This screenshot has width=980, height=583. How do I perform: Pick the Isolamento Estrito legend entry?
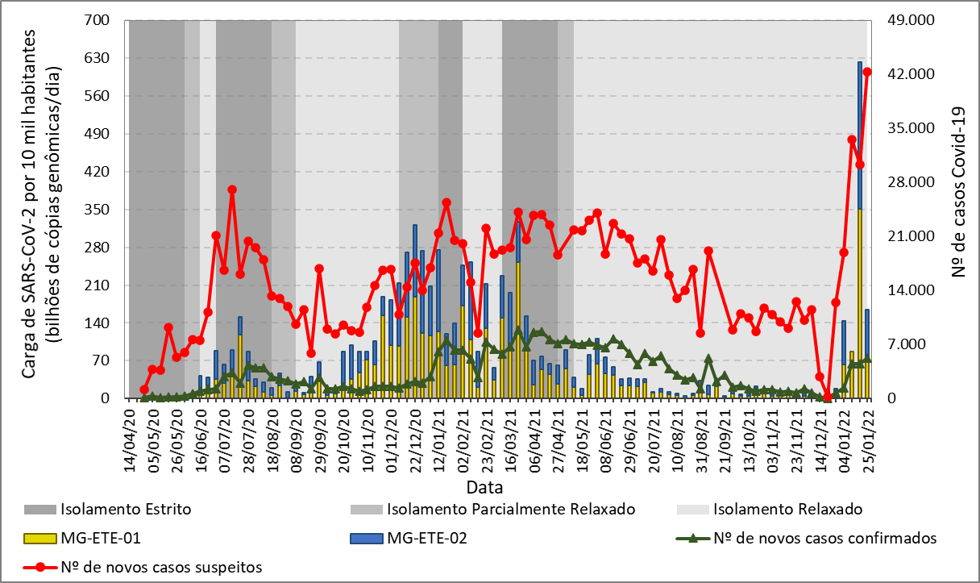(125, 509)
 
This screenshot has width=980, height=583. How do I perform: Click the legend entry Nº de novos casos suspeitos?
(162, 566)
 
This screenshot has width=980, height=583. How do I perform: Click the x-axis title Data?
(484, 487)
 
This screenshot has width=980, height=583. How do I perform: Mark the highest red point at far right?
(867, 72)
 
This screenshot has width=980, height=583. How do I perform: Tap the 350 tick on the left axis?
(100, 210)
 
